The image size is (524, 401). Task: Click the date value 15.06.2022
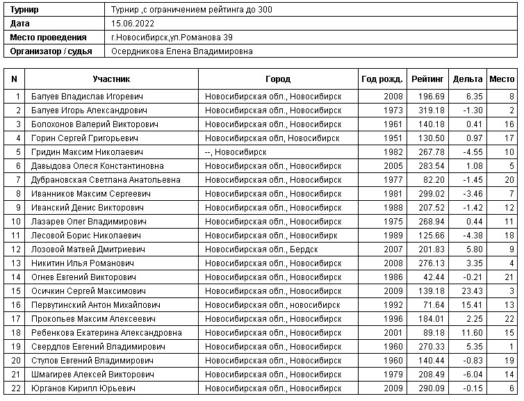[133, 24]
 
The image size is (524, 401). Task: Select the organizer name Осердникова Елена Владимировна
[181, 51]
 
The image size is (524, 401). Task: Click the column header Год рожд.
[382, 79]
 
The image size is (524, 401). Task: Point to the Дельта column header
[467, 79]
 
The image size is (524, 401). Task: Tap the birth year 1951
[393, 138]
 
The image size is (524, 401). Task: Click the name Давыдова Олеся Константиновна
[97, 166]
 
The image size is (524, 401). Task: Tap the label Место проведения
[49, 38]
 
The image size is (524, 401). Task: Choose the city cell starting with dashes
[236, 152]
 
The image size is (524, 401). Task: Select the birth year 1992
[393, 305]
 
